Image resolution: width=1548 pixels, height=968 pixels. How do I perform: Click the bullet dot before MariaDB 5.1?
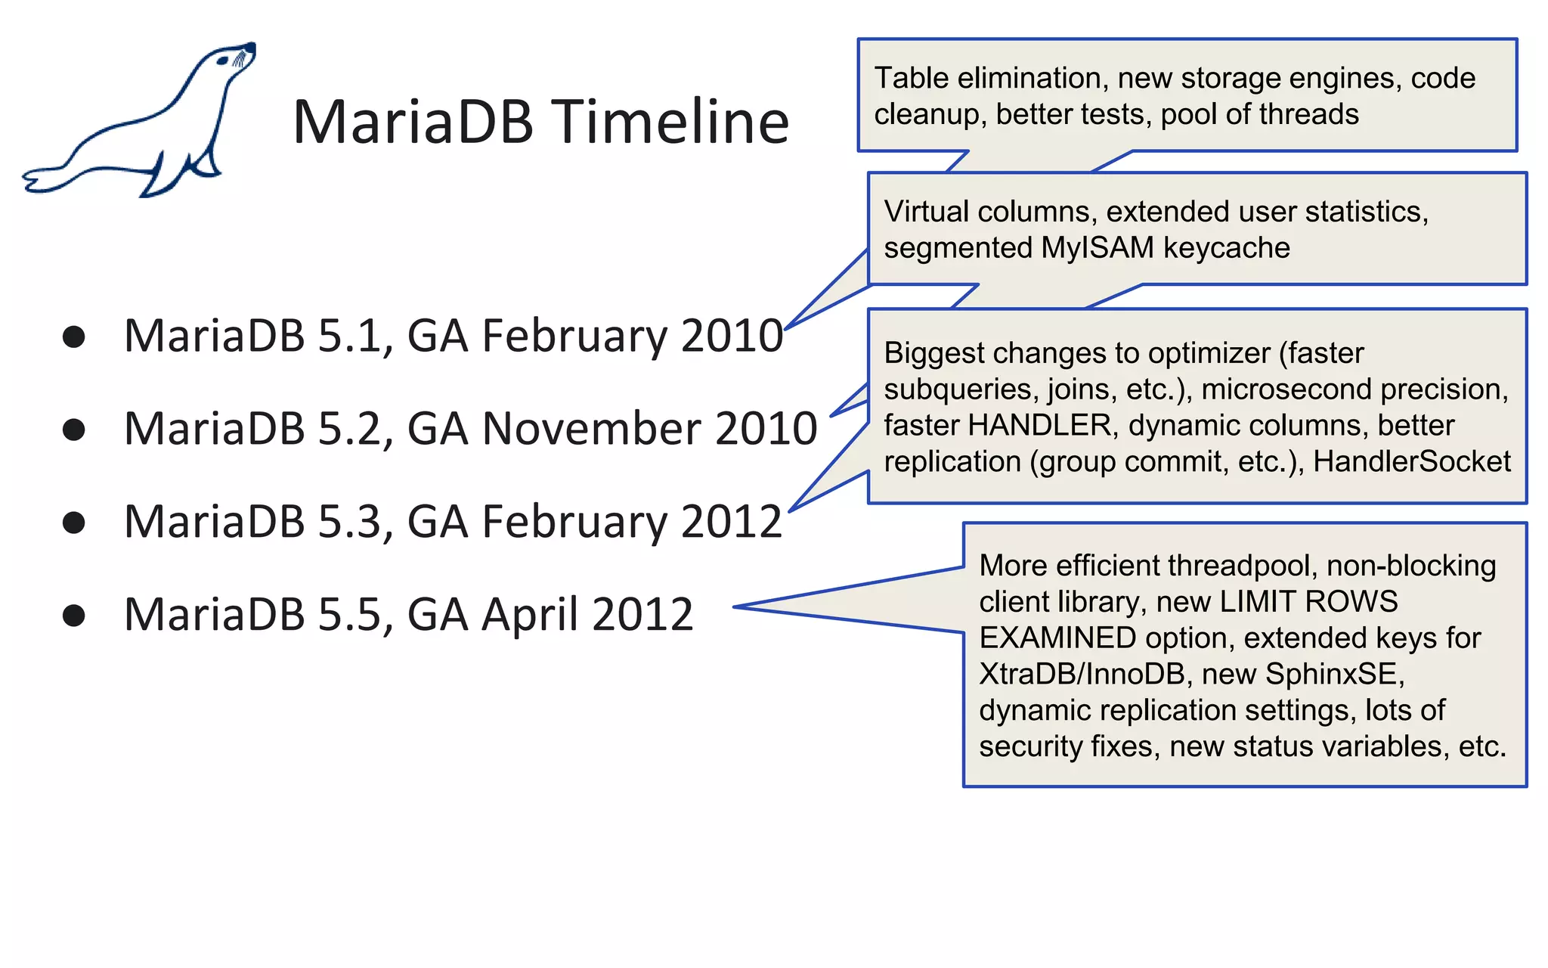tap(74, 337)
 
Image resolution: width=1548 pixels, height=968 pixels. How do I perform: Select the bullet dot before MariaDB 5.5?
tap(74, 615)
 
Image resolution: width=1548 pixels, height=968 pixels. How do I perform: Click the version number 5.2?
tap(350, 429)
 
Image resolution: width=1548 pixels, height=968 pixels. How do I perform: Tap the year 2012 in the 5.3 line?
tap(732, 522)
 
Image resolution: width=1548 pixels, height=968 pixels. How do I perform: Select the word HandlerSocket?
tap(1411, 461)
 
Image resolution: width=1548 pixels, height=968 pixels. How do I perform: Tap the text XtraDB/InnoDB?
tap(1082, 674)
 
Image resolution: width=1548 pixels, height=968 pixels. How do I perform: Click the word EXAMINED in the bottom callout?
tap(1057, 638)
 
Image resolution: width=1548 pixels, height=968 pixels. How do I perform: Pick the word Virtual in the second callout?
tap(926, 212)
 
